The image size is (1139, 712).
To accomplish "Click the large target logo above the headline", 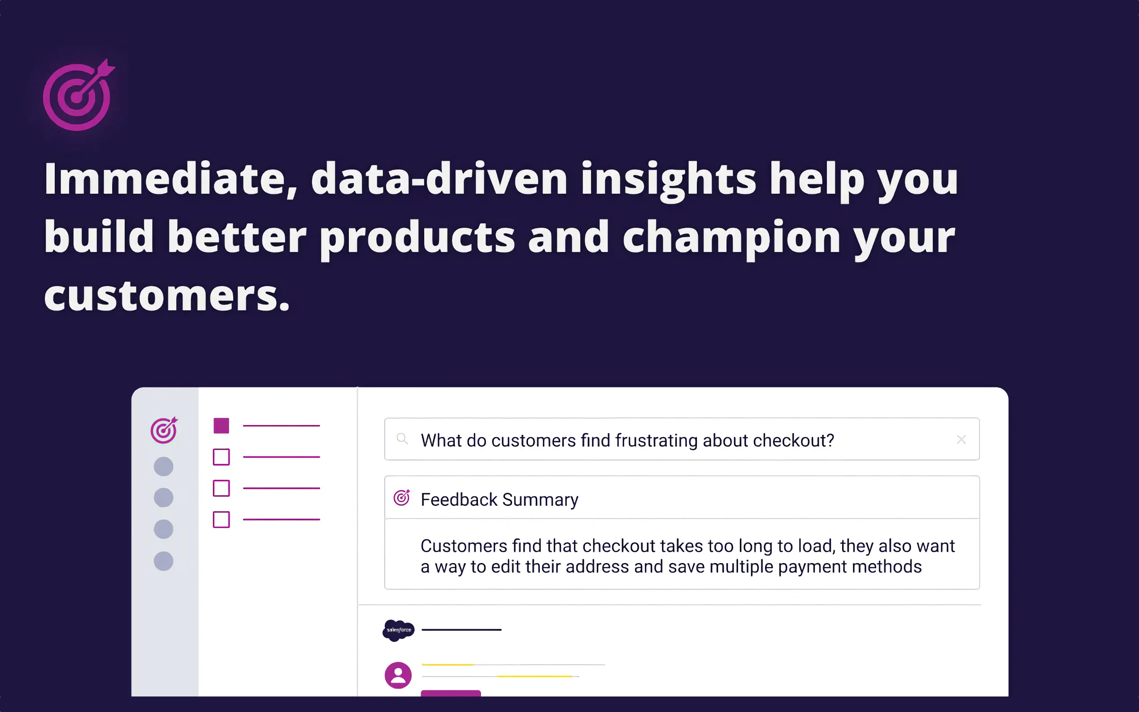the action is (x=78, y=96).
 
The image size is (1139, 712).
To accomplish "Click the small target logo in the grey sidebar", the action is (x=163, y=430).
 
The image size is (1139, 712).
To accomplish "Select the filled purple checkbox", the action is (x=222, y=425).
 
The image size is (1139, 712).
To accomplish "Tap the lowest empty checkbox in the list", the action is (x=222, y=519).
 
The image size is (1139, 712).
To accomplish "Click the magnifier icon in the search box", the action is (x=402, y=439).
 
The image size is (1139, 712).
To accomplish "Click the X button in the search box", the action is (x=961, y=439).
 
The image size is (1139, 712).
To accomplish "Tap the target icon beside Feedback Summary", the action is (x=402, y=497).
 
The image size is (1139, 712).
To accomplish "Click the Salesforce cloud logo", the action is (x=398, y=630).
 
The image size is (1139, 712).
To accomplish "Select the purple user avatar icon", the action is (x=398, y=675).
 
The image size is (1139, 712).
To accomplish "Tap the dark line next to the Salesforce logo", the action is (x=461, y=630).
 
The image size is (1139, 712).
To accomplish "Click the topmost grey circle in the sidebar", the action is (x=163, y=467).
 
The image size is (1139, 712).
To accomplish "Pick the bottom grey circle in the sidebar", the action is (x=163, y=561).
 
